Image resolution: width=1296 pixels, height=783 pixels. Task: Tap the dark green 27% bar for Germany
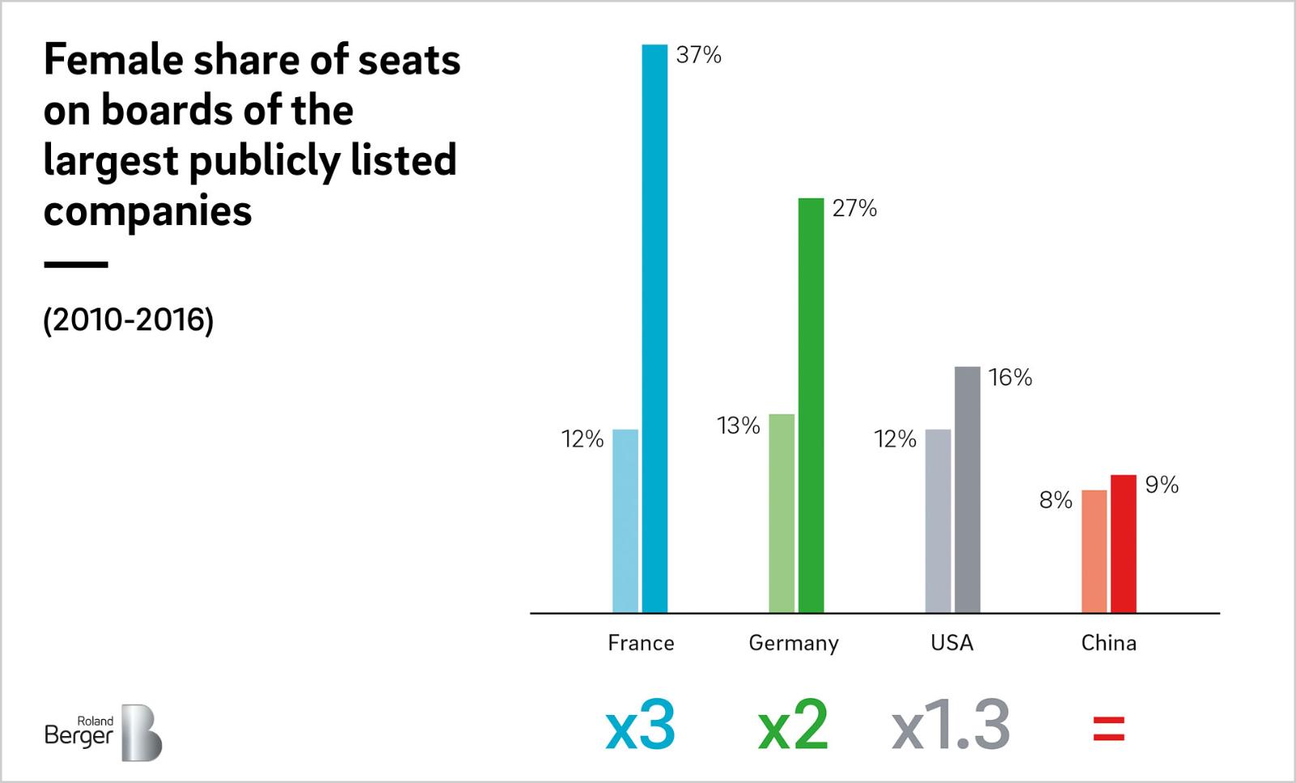click(811, 405)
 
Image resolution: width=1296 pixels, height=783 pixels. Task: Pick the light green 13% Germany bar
click(782, 513)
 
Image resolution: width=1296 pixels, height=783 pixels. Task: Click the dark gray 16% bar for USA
click(967, 489)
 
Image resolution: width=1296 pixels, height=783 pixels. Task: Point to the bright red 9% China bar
click(1123, 543)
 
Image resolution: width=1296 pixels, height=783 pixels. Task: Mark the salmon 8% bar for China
click(1094, 551)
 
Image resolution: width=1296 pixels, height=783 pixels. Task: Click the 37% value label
click(698, 55)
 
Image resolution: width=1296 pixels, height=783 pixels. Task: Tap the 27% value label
click(855, 209)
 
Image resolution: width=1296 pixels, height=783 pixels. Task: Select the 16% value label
click(1010, 377)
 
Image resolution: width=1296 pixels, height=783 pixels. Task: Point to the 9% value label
click(1162, 485)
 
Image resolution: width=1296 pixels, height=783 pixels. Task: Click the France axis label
click(641, 643)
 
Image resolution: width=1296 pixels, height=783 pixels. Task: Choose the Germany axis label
click(794, 644)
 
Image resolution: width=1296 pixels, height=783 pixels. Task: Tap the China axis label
click(1109, 643)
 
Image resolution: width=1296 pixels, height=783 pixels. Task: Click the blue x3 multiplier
click(640, 726)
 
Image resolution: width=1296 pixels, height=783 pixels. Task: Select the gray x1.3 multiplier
click(951, 726)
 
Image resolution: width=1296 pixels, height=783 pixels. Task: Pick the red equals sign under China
click(1109, 728)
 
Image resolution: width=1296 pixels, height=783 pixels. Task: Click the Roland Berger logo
click(103, 731)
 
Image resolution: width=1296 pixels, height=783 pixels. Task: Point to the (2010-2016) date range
click(128, 321)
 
